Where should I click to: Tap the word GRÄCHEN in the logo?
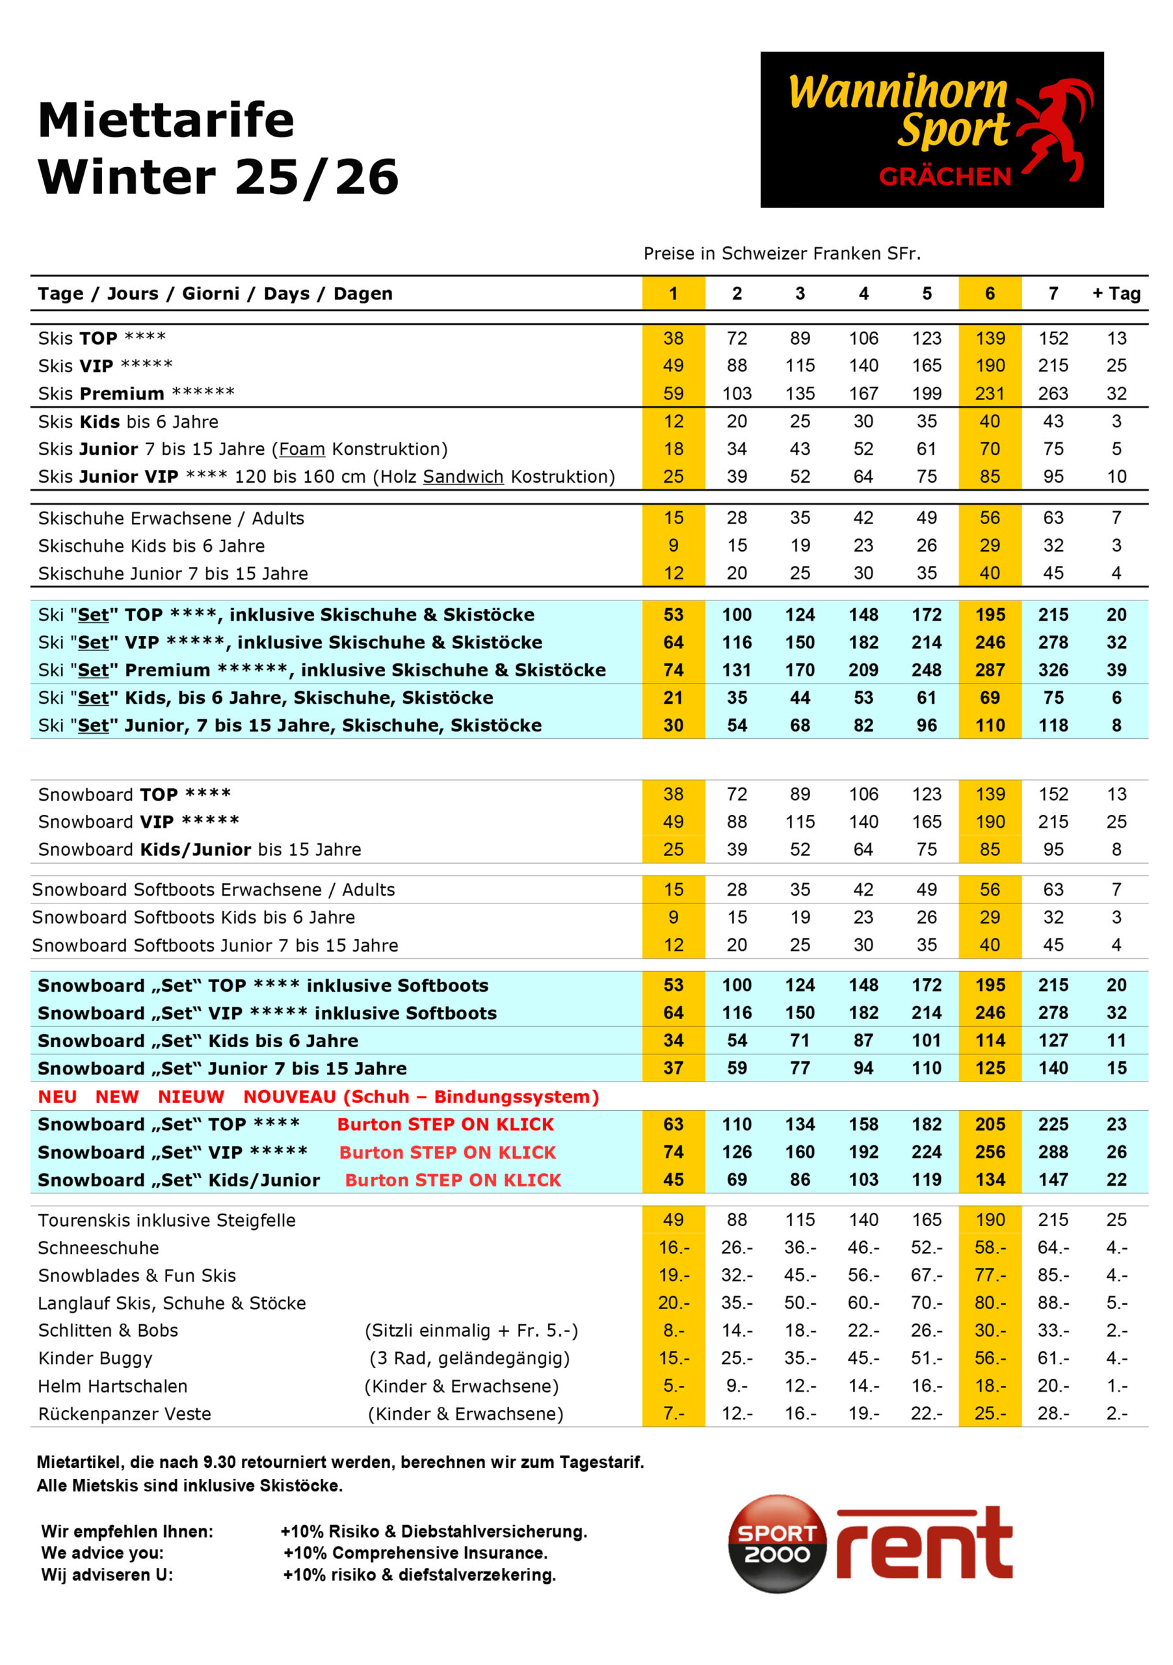tap(944, 177)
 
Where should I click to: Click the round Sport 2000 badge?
tap(776, 1543)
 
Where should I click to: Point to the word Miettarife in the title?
tap(166, 120)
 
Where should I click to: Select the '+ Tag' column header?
tap(1116, 294)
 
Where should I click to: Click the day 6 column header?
tap(989, 294)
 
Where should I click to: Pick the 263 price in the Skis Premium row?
tap(1052, 393)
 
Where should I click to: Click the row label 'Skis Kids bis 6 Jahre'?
tap(128, 422)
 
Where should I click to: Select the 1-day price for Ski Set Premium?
tap(673, 670)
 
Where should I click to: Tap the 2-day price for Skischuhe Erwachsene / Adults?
tap(736, 518)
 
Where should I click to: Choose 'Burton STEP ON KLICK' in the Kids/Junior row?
tap(453, 1180)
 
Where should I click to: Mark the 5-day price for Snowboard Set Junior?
tap(926, 1068)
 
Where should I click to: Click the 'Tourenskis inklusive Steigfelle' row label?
tap(166, 1221)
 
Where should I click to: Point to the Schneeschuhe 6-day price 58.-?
tap(989, 1248)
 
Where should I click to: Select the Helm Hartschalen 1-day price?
tap(673, 1386)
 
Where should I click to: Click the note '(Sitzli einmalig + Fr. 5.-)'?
tap(471, 1331)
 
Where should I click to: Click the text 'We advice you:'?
tap(102, 1552)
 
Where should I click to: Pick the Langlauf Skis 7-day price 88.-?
tap(1052, 1303)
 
